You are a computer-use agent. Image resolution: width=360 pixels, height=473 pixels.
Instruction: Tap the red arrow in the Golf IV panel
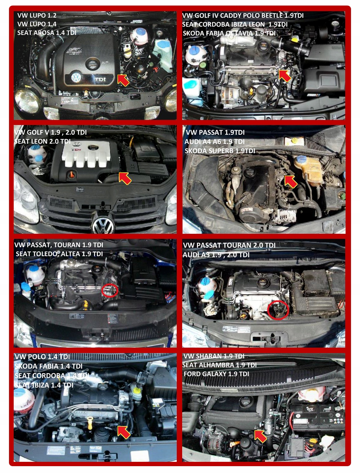284,76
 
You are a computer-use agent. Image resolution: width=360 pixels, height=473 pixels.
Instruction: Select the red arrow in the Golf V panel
125,178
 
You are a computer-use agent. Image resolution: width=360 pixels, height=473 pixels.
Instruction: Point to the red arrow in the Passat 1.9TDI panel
291,181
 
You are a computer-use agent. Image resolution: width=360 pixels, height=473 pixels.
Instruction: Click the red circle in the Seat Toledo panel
109,290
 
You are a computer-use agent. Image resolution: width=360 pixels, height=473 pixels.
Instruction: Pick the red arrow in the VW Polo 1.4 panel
123,432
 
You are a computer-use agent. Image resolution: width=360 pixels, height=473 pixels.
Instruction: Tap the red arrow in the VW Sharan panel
260,436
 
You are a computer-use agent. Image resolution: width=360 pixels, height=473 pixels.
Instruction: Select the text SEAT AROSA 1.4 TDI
46,33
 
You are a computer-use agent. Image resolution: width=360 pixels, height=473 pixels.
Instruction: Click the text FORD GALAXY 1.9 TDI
216,374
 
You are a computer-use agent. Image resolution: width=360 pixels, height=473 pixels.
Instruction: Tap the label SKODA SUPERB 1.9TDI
220,151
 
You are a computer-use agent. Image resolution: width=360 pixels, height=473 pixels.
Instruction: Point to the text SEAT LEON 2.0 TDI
42,142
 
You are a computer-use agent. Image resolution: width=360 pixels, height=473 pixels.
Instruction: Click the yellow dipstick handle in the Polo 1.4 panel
90,420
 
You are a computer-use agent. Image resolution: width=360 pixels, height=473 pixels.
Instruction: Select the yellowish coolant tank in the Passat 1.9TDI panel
308,169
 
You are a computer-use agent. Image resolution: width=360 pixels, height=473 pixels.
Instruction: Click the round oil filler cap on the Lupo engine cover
93,64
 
